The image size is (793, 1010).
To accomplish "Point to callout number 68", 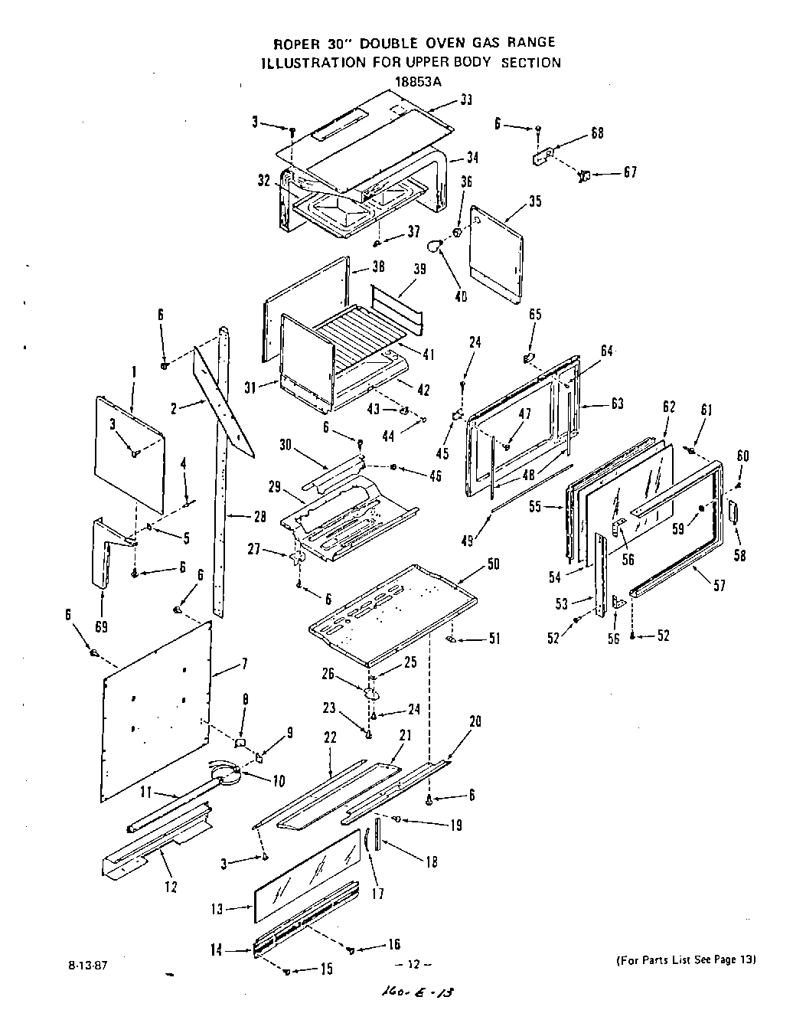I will (x=597, y=132).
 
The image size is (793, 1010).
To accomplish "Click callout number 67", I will (x=629, y=172).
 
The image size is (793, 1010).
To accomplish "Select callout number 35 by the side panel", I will (x=534, y=202).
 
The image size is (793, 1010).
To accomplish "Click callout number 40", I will (x=460, y=296).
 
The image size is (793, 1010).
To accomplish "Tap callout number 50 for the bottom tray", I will (x=493, y=564).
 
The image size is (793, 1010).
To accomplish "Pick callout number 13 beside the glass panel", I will (x=217, y=909).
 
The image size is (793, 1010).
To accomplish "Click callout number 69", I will (x=100, y=626).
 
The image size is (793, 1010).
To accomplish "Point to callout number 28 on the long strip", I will (x=259, y=517).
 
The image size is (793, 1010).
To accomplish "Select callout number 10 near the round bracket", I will (x=278, y=782).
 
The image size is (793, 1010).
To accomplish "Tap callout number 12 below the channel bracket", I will (x=170, y=887).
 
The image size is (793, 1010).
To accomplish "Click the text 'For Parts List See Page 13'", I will (x=685, y=959).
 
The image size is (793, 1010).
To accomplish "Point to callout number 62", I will (x=669, y=406).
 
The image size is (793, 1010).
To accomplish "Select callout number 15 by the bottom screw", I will (x=326, y=969).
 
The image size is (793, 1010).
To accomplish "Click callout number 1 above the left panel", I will (x=133, y=372).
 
